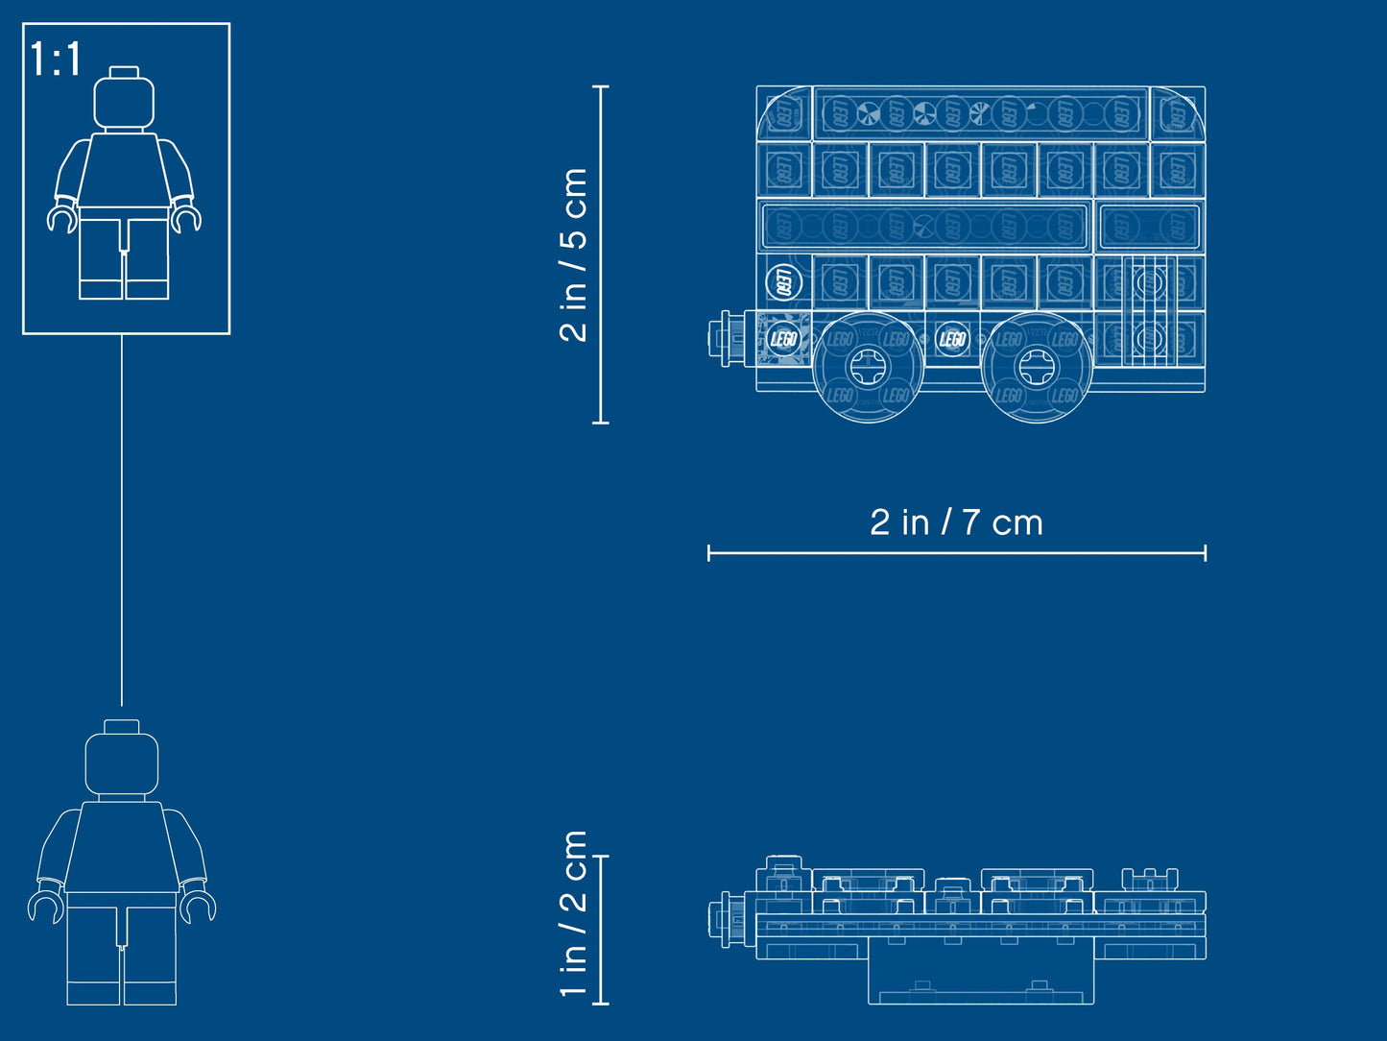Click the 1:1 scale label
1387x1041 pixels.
[56, 60]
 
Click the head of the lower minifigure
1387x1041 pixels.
[121, 763]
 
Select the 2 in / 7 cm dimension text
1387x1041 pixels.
[956, 522]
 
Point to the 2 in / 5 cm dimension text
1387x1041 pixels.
[573, 254]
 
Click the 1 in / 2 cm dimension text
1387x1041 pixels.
[573, 914]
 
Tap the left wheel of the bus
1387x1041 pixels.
[868, 366]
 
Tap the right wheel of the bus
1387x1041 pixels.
[1036, 366]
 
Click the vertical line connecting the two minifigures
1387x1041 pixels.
[122, 519]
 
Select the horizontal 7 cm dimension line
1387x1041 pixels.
[956, 552]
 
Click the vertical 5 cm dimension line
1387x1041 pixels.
[601, 254]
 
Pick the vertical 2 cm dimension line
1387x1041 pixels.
[601, 930]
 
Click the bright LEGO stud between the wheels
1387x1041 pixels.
[951, 338]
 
